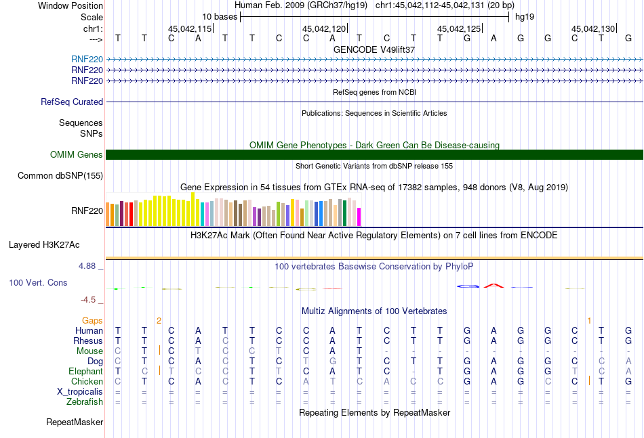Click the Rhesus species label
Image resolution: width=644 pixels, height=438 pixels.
point(89,341)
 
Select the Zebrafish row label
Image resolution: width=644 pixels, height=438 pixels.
point(85,401)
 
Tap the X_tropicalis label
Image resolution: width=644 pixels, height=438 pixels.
point(80,391)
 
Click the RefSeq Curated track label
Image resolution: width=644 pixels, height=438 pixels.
point(72,102)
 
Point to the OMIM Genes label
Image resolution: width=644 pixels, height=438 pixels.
point(77,155)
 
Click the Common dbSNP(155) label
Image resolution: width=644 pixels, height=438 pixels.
point(60,176)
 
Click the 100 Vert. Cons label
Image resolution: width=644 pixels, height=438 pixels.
point(38,282)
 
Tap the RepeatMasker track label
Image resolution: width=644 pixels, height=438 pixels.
point(75,422)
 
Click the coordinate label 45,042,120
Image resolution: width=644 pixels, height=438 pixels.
point(324,28)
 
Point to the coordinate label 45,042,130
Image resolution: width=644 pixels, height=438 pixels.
point(593,28)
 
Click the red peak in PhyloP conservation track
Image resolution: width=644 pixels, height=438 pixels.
point(494,285)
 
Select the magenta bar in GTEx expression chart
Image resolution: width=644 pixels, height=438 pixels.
point(359,217)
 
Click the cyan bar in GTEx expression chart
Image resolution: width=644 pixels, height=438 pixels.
point(203,214)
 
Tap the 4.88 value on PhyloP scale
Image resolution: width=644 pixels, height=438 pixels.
point(87,266)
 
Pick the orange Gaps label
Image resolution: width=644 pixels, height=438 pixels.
point(92,320)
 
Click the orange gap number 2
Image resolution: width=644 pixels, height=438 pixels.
point(159,320)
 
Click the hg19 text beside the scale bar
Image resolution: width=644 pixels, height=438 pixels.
point(524,16)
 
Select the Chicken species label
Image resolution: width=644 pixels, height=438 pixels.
point(87,381)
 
